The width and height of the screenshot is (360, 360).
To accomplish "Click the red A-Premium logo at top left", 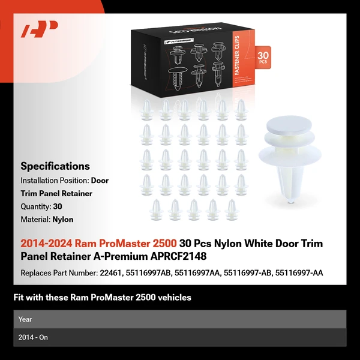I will [x=39, y=29].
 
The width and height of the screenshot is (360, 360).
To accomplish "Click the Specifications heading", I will [x=55, y=166].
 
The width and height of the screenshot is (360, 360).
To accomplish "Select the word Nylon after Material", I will [x=63, y=220].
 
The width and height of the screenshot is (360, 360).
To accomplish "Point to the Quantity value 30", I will [x=58, y=206].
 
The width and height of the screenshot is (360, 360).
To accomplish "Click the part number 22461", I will [x=112, y=273].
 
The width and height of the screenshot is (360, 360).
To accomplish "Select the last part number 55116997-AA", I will [x=299, y=273].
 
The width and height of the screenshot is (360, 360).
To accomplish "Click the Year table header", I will [x=25, y=319].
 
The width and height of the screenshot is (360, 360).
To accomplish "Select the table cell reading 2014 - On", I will [x=33, y=337].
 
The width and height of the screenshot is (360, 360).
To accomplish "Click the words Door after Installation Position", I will [x=100, y=180].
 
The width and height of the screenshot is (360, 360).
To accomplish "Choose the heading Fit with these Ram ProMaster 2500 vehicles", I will [x=102, y=297].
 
